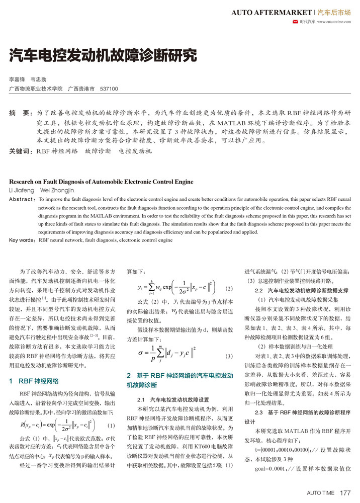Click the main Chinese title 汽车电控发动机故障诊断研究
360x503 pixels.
point(103,55)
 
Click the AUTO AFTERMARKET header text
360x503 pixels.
point(271,11)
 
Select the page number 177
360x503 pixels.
point(345,492)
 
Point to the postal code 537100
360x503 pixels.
point(109,89)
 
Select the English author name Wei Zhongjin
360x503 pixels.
point(60,191)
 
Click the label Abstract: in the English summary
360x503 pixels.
point(22,200)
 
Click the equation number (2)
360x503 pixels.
point(229,289)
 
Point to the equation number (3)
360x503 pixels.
point(229,356)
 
